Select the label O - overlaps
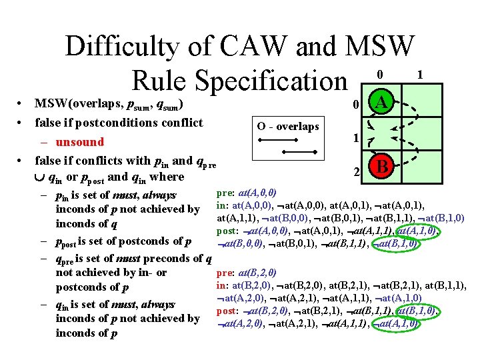point(289,127)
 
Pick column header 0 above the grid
point(379,75)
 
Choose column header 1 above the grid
point(419,75)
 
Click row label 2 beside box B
point(357,171)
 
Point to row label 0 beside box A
point(357,104)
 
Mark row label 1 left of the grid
point(357,138)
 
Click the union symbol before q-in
point(39,177)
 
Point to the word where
point(167,177)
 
